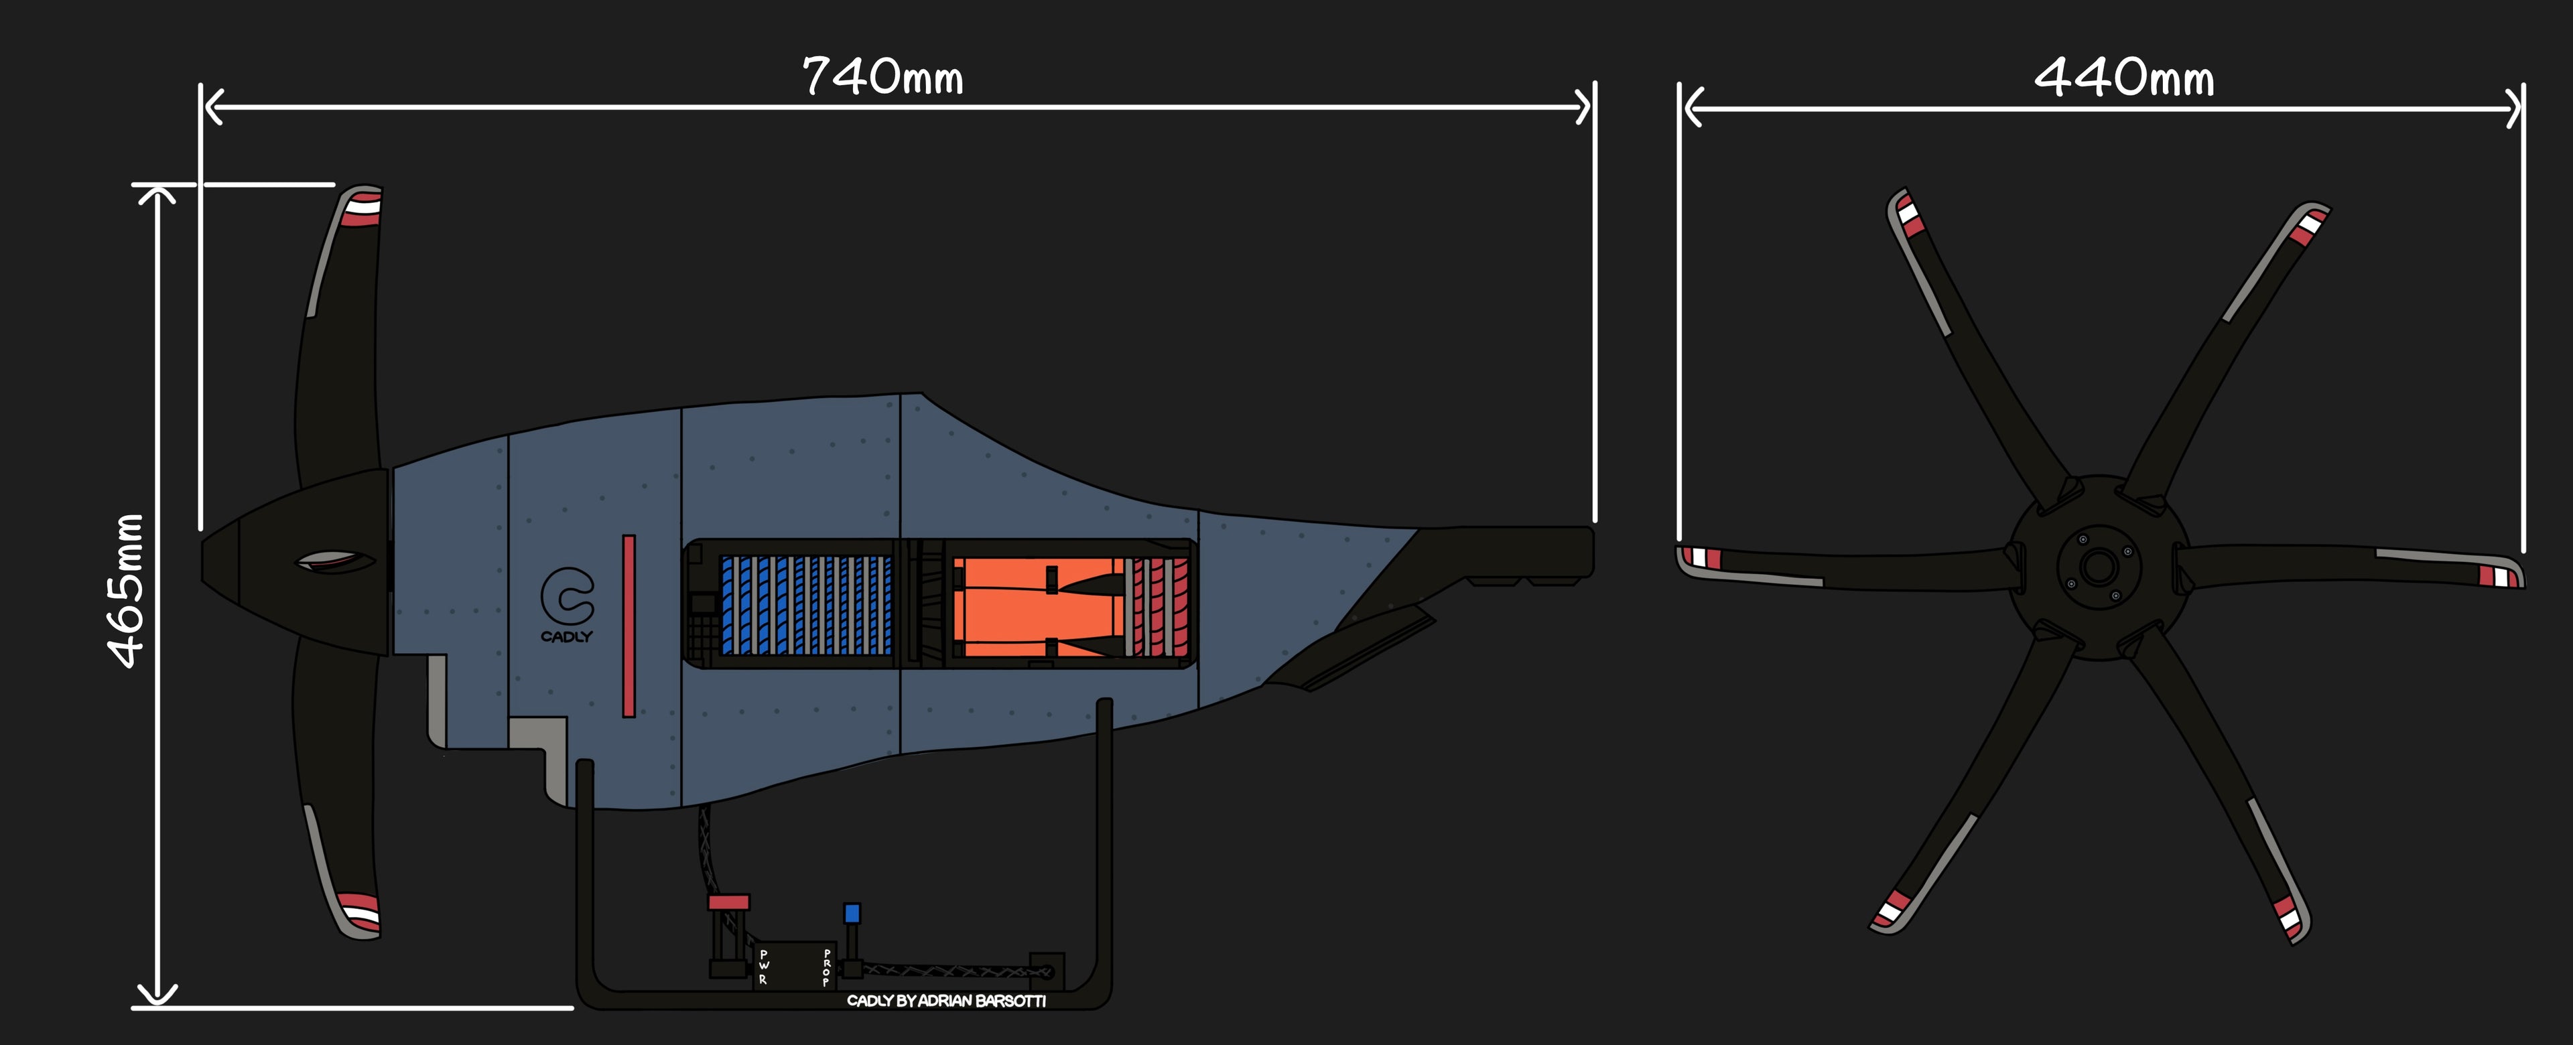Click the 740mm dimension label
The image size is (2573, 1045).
pyautogui.click(x=883, y=77)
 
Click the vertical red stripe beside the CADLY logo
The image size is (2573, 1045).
pyautogui.click(x=629, y=626)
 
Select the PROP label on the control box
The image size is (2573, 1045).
pyautogui.click(x=827, y=967)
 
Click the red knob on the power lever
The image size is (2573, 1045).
pyautogui.click(x=728, y=902)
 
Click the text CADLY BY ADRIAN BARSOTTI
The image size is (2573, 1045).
pyautogui.click(x=946, y=1000)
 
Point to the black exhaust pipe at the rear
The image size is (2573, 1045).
pyautogui.click(x=1498, y=553)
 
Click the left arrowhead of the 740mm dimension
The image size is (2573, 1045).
pyautogui.click(x=212, y=106)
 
